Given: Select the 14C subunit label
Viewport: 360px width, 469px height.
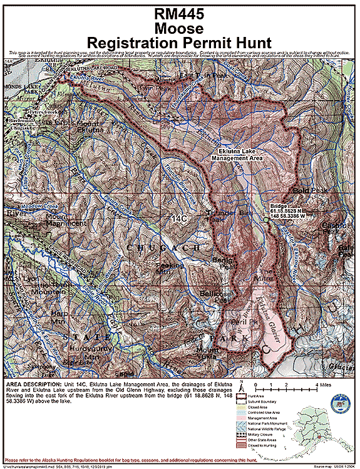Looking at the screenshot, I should click(179, 218).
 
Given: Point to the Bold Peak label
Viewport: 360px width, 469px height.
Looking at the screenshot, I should click(306, 190).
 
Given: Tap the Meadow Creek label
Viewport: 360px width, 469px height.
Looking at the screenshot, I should click(21, 205).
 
